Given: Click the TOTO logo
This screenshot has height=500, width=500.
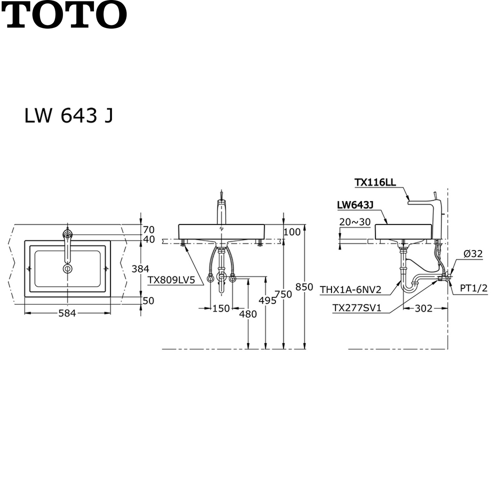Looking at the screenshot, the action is pos(64,14).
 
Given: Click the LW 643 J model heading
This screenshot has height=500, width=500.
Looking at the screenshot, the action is pos(69,115).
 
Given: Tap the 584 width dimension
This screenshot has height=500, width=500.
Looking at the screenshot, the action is pos(67,313).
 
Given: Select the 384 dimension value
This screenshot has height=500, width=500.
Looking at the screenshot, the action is pos(140,269).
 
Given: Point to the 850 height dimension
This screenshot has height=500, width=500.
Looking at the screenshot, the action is pos(304,287).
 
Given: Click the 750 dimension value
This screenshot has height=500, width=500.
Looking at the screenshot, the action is pos(283,294).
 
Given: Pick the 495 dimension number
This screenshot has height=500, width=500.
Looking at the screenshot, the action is pos(268,301).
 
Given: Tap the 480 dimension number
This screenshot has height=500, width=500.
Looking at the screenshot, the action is pos(248,314).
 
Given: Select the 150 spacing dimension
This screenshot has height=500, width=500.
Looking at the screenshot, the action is pos(221,308).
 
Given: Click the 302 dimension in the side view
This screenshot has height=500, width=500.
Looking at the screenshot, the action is pos(424,308).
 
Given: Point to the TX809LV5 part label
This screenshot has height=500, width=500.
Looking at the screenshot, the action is pos(171,280).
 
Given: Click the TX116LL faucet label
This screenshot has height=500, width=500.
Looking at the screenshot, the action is pos(375,182).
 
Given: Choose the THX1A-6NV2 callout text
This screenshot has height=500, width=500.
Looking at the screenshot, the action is pos(350,290).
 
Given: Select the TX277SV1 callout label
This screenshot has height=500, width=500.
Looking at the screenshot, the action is pos(357,308).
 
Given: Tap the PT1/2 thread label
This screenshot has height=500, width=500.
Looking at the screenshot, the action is pos(474,288).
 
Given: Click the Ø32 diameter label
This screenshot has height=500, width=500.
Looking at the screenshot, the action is pos(473,254).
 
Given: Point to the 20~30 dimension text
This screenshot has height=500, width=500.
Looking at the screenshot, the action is pos(355,222).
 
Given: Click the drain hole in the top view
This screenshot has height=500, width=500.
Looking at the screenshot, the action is pos(68,269).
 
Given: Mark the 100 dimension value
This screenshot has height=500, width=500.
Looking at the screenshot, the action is pos(292,232).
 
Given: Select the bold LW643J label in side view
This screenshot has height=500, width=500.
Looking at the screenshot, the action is pos(355,205).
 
